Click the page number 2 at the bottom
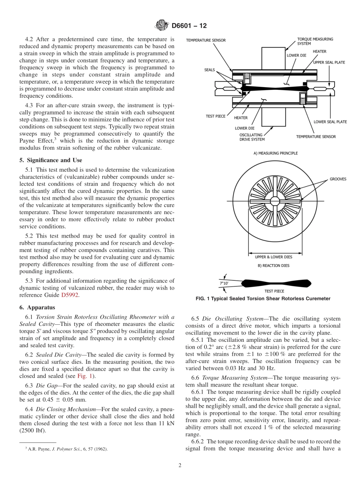(x=180, y=465)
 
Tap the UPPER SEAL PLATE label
(x=329, y=63)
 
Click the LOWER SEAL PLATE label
(x=330, y=122)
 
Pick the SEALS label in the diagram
(x=209, y=70)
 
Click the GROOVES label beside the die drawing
(x=338, y=179)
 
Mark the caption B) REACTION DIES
(x=273, y=266)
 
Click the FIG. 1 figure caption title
(x=263, y=299)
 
